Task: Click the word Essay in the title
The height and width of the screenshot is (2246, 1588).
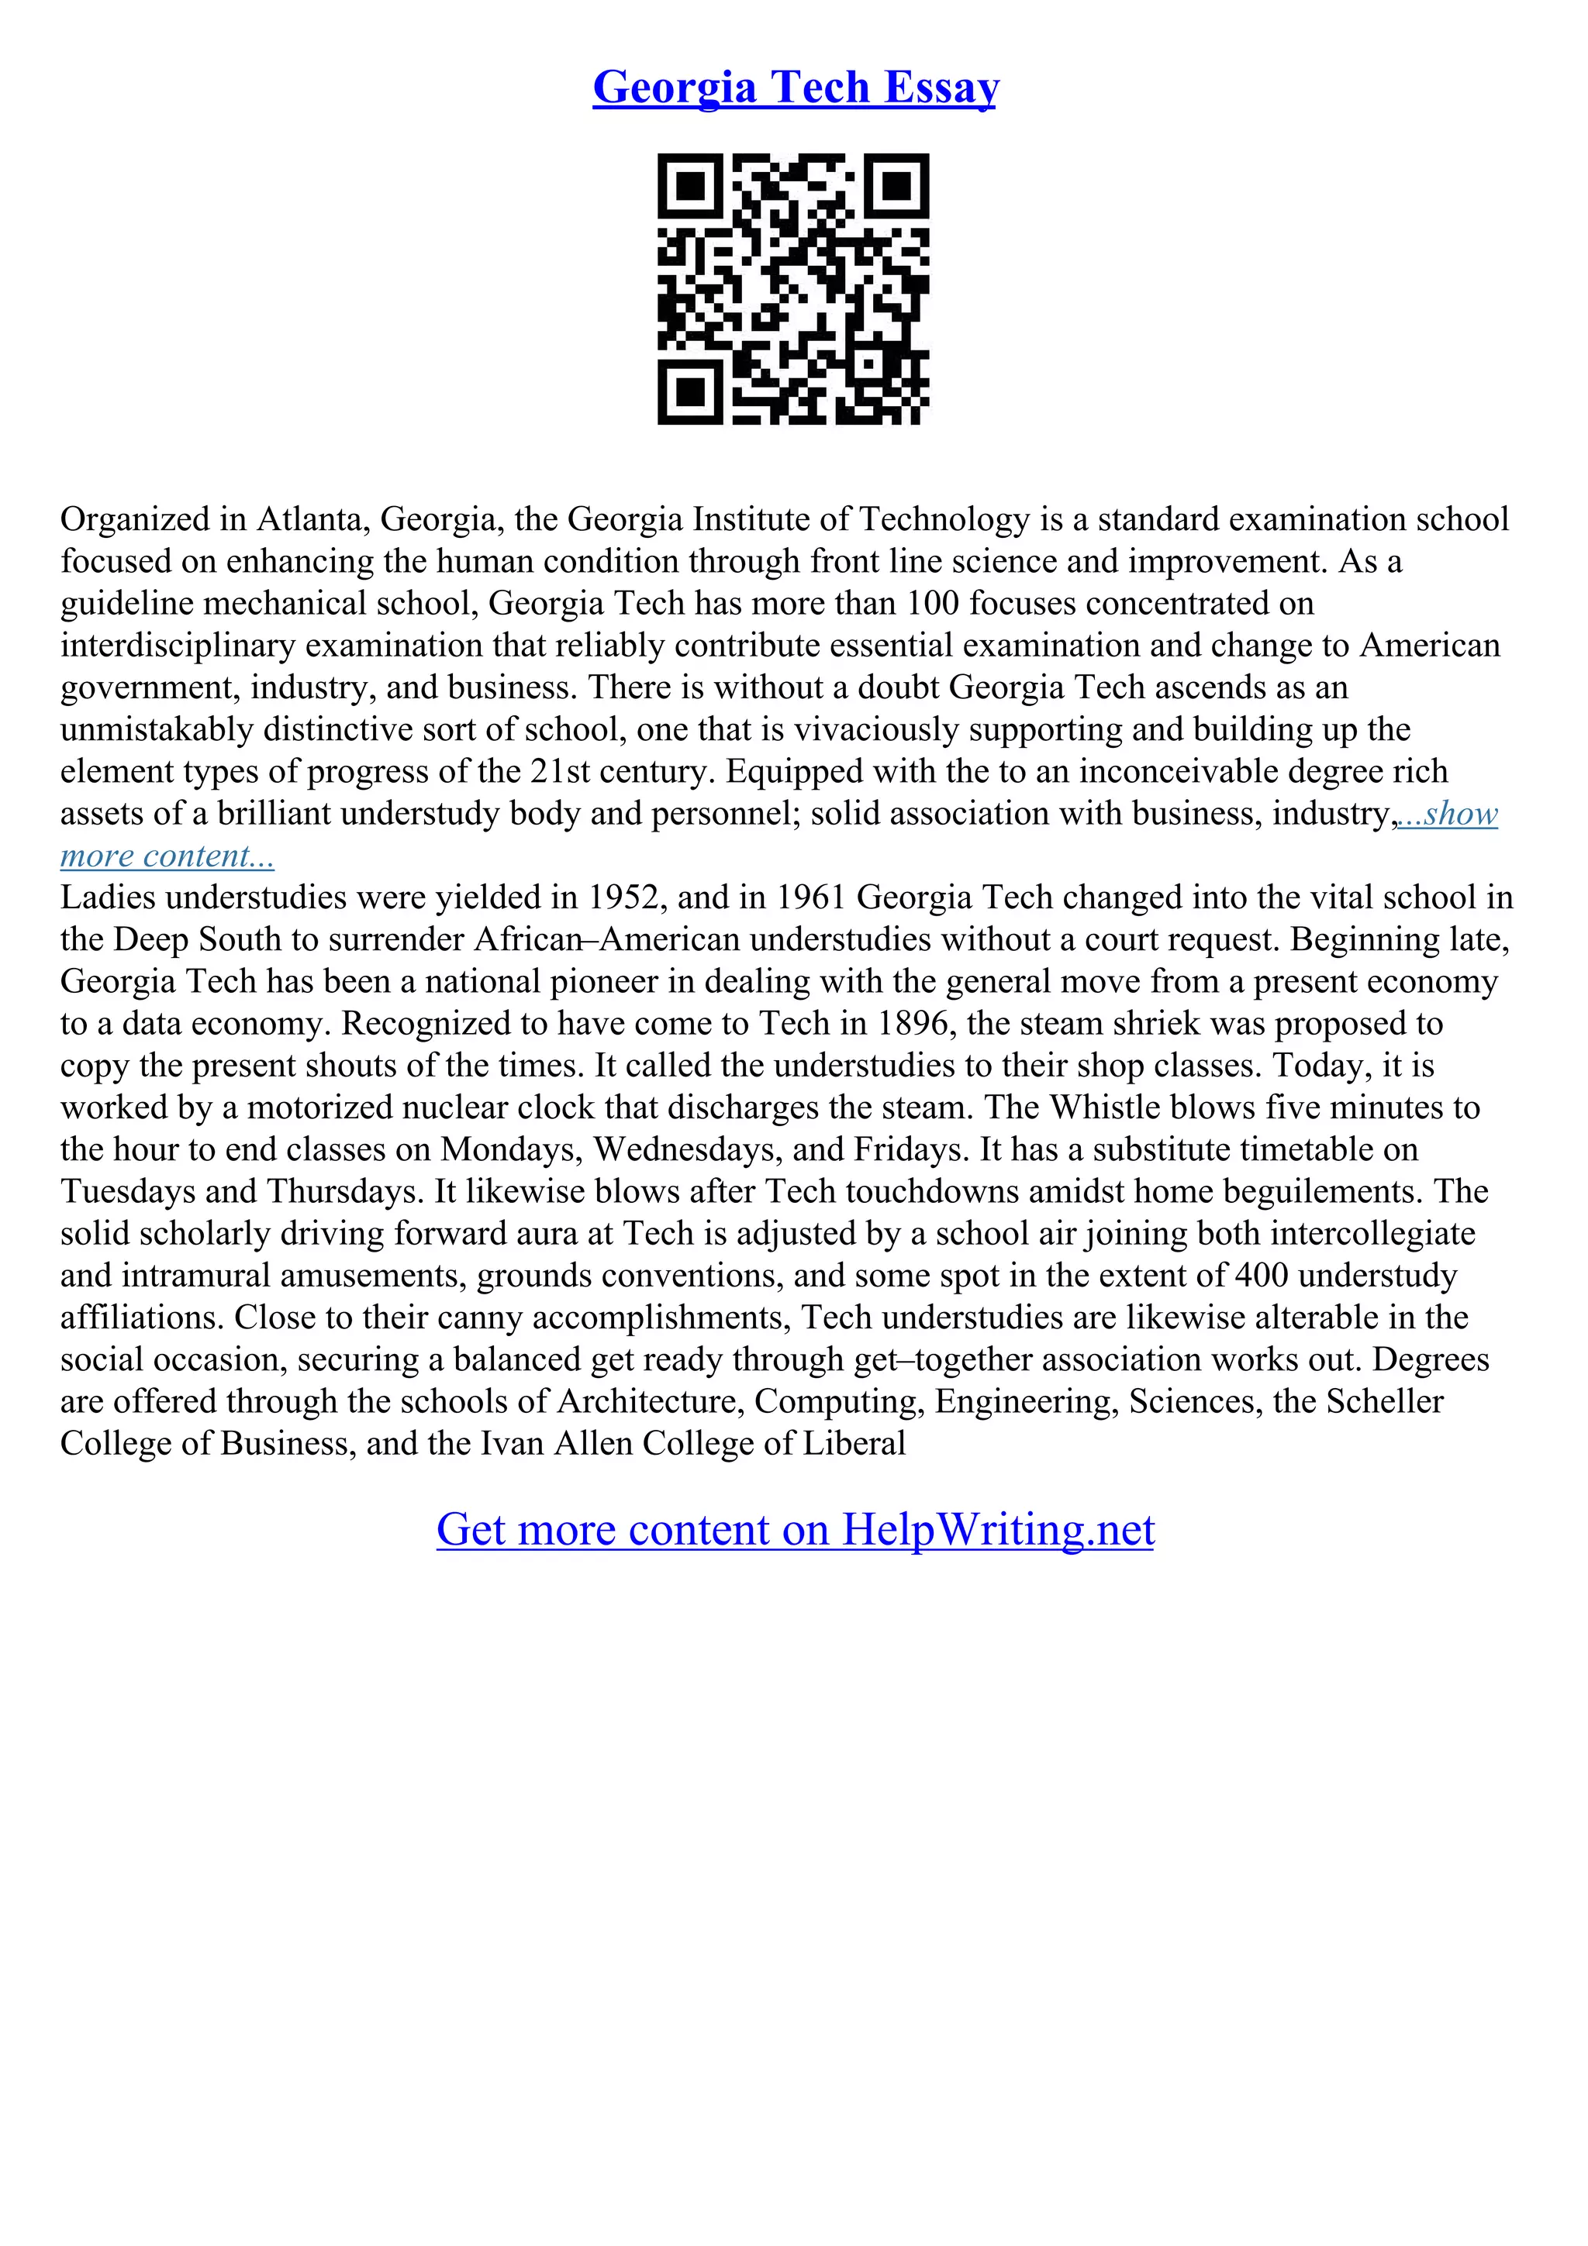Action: coord(941,87)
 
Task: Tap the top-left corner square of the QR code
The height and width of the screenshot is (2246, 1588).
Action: coord(691,186)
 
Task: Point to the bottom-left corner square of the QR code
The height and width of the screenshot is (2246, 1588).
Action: coord(691,391)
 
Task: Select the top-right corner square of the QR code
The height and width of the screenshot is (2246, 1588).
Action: coord(896,186)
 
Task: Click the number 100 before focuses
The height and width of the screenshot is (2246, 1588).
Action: coord(933,603)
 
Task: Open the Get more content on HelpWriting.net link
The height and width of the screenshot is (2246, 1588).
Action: coord(795,1529)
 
